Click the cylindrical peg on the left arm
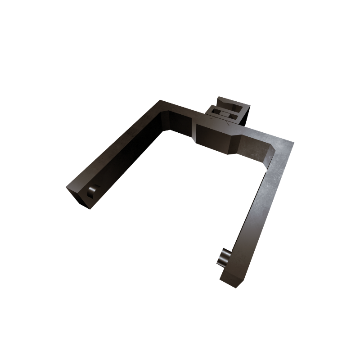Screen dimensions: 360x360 pos(92,192)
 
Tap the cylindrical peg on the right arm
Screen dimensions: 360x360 pos(223,257)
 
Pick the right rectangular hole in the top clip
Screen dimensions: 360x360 pos(233,116)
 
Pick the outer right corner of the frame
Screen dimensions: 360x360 pos(293,143)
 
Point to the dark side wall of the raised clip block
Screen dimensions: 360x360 pos(246,115)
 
